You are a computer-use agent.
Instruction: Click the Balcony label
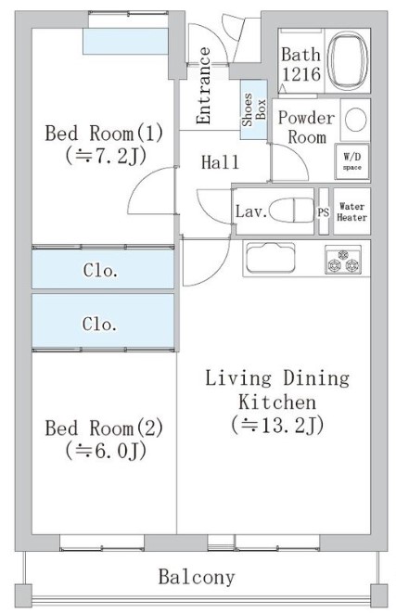196,578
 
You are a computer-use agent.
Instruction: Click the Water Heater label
351,211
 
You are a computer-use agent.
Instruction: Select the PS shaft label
324,211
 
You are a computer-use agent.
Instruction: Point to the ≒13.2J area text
278,426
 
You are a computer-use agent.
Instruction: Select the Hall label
221,163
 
